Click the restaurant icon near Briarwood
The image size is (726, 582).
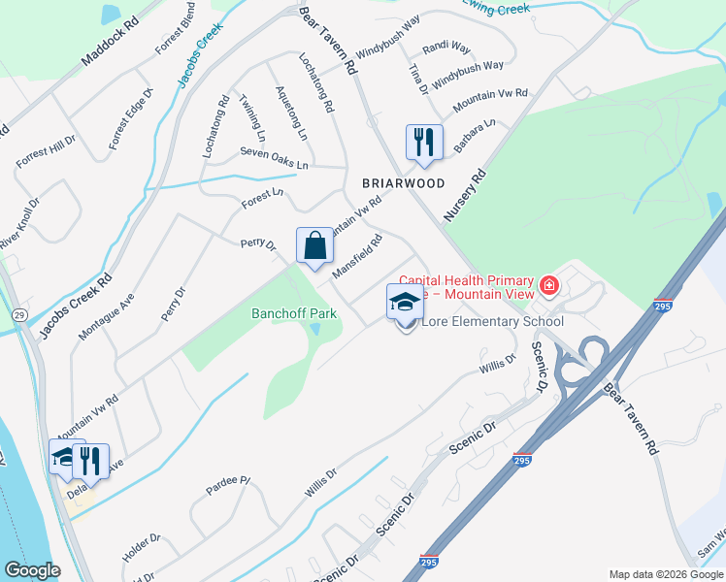click(424, 143)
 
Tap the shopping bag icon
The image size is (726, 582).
click(315, 245)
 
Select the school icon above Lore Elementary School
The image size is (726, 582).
click(405, 302)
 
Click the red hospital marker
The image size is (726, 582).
click(549, 285)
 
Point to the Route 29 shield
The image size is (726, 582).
click(18, 314)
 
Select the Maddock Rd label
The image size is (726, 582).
click(110, 40)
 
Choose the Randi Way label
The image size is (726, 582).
click(445, 48)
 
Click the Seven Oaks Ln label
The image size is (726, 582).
click(274, 159)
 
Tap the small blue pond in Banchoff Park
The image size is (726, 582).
click(315, 330)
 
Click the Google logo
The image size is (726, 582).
click(32, 570)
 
